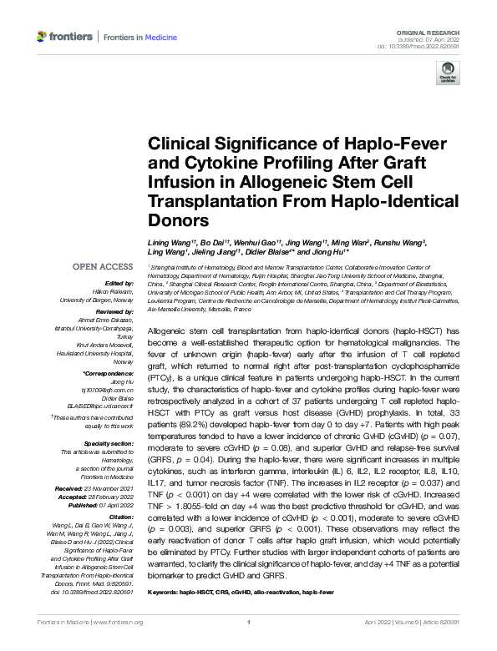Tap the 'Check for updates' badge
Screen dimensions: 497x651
tap(448, 74)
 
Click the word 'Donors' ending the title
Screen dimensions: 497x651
tap(178, 221)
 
